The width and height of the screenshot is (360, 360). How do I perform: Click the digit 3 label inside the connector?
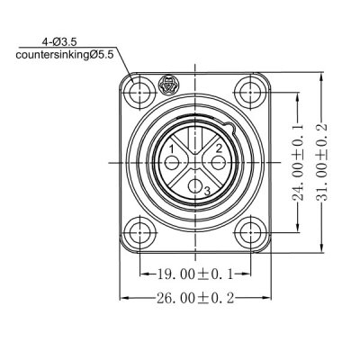pos(207,191)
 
